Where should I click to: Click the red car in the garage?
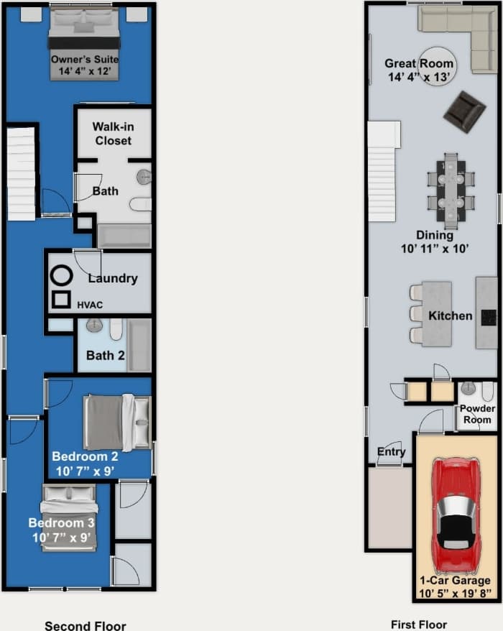click(456, 513)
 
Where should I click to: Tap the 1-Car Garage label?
click(456, 580)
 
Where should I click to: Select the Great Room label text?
click(419, 63)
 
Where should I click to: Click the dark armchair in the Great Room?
click(464, 111)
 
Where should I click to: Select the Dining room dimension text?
click(434, 249)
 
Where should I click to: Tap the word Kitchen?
click(451, 315)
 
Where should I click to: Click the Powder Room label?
click(477, 414)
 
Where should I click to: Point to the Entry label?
click(392, 452)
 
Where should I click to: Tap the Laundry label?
click(113, 278)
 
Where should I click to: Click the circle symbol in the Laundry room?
click(62, 275)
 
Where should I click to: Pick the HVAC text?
click(90, 305)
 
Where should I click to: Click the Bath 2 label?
click(106, 355)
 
